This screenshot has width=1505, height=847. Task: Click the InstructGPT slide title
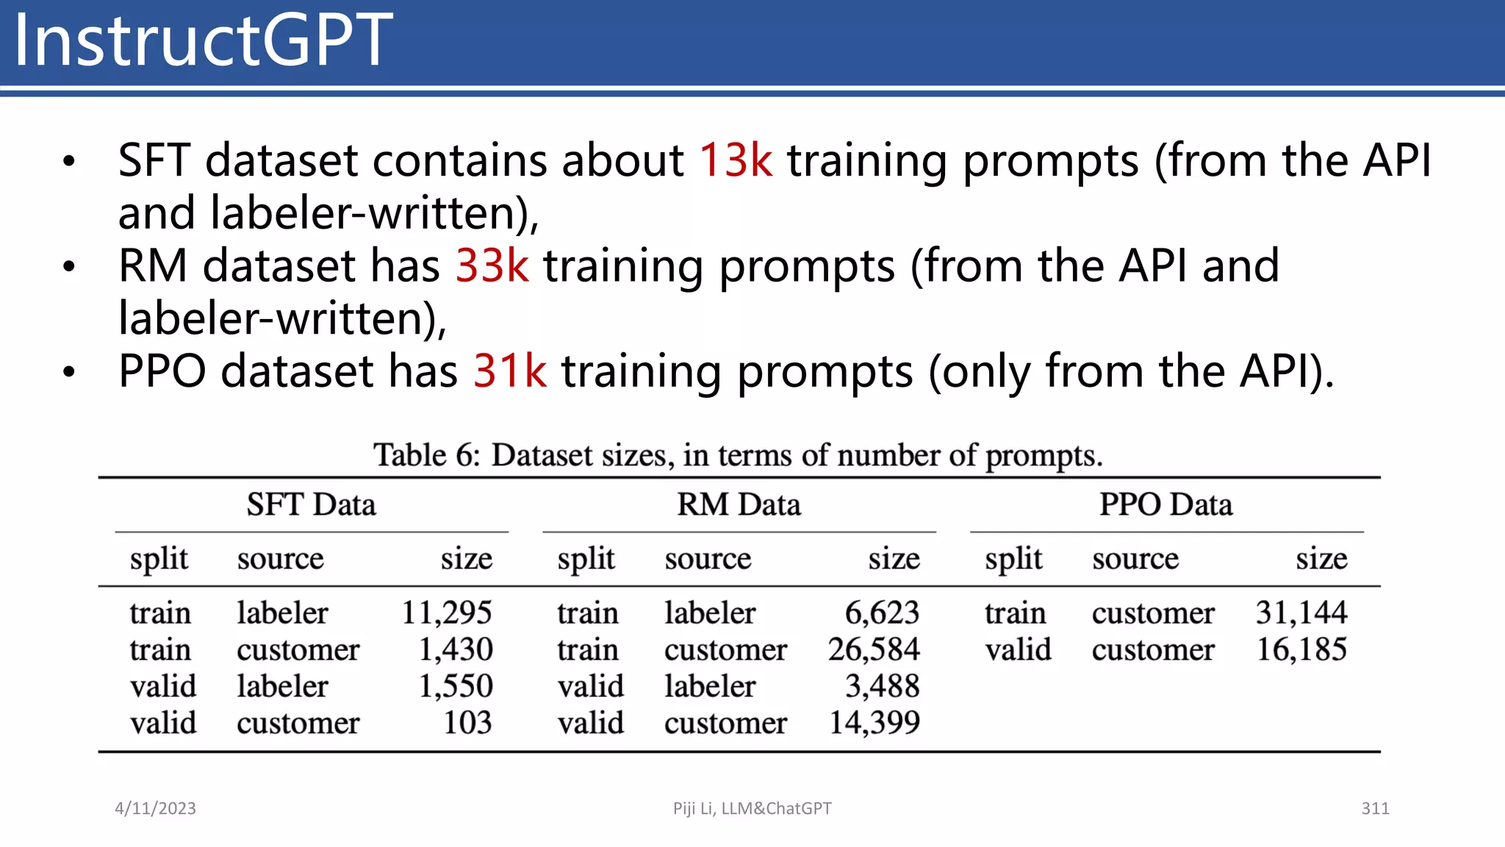pyautogui.click(x=203, y=40)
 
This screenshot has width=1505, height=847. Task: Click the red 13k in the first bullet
pyautogui.click(x=735, y=160)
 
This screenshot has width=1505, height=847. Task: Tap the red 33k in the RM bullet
pyautogui.click(x=492, y=265)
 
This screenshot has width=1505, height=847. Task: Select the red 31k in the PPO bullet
pyautogui.click(x=509, y=371)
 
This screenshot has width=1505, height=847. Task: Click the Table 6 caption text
pyautogui.click(x=738, y=455)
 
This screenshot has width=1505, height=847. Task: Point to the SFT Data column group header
pyautogui.click(x=311, y=505)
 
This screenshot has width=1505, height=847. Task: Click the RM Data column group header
pyautogui.click(x=739, y=505)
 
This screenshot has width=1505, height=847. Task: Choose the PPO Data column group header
pyautogui.click(x=1165, y=505)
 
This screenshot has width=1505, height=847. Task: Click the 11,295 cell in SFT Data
pyautogui.click(x=447, y=612)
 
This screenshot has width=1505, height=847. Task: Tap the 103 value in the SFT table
pyautogui.click(x=467, y=723)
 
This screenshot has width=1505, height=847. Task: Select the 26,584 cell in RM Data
pyautogui.click(x=874, y=649)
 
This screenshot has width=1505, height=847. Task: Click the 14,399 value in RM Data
pyautogui.click(x=874, y=723)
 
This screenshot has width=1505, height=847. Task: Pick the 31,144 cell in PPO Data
pyautogui.click(x=1301, y=612)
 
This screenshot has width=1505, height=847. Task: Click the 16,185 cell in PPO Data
pyautogui.click(x=1301, y=649)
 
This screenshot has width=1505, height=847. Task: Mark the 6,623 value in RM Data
pyautogui.click(x=882, y=612)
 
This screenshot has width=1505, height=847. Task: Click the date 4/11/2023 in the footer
pyautogui.click(x=155, y=809)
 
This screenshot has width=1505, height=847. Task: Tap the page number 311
pyautogui.click(x=1375, y=809)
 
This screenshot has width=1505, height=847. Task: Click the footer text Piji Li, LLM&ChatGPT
pyautogui.click(x=752, y=809)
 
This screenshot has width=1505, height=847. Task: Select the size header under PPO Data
pyautogui.click(x=1321, y=559)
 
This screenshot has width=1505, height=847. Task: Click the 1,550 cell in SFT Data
pyautogui.click(x=456, y=686)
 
